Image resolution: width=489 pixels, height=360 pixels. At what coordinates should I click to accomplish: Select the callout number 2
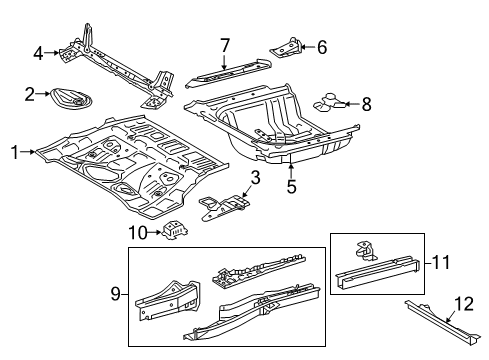click(x=30, y=94)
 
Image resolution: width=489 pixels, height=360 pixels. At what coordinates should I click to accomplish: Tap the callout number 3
click(x=255, y=178)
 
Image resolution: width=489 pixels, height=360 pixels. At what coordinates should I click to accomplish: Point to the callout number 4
click(x=38, y=53)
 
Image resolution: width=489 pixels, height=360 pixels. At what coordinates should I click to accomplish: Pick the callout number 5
click(x=291, y=184)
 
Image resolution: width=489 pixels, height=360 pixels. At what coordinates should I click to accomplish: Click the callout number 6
click(x=322, y=46)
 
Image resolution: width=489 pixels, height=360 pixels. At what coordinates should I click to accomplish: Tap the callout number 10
click(x=139, y=232)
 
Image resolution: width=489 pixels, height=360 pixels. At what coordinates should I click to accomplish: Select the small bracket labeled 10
click(x=177, y=229)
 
